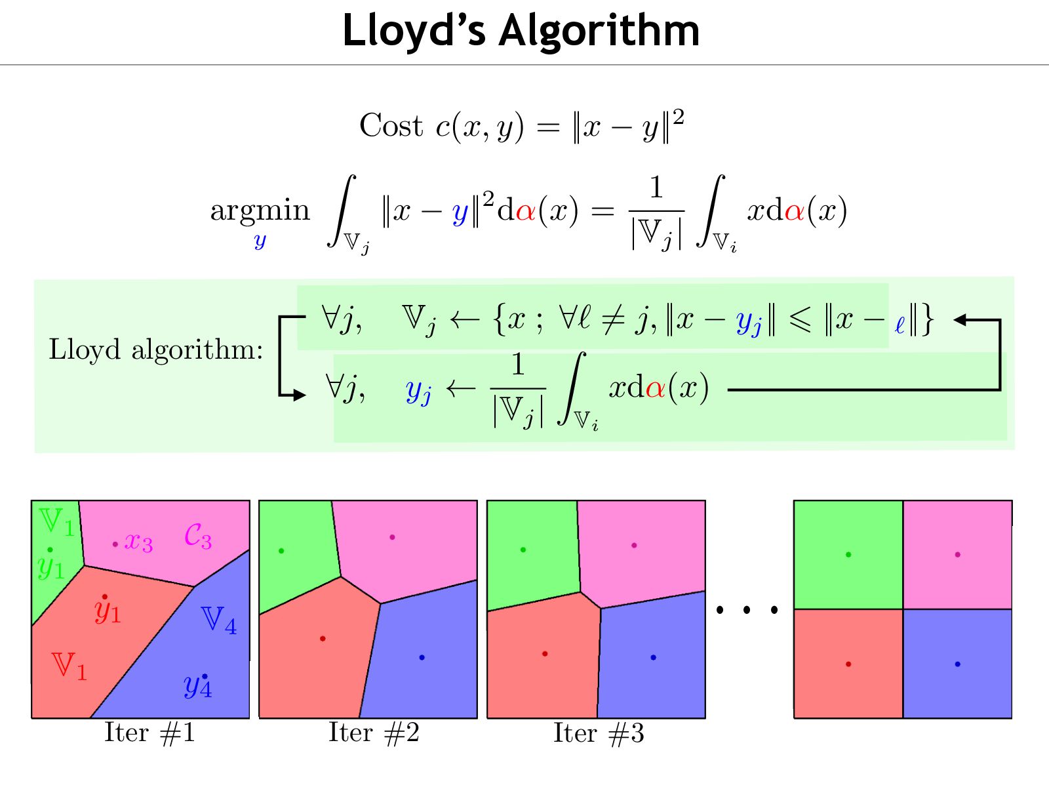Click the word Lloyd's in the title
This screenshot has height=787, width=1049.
click(414, 31)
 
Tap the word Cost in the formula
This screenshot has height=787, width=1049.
click(391, 125)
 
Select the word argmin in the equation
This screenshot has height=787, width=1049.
click(260, 211)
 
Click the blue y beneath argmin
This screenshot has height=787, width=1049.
click(260, 241)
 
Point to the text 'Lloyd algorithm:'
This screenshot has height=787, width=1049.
click(156, 349)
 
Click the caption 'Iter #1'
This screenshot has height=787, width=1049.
click(149, 733)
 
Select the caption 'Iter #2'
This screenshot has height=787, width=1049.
click(374, 733)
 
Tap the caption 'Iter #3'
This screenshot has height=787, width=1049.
click(599, 733)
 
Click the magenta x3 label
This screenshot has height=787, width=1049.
click(138, 542)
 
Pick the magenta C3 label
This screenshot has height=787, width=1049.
click(197, 536)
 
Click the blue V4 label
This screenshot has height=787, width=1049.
click(218, 620)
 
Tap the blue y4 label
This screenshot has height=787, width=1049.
click(197, 686)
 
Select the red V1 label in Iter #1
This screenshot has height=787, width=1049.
click(69, 666)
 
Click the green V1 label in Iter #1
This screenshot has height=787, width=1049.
click(56, 521)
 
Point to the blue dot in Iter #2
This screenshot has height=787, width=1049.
click(422, 657)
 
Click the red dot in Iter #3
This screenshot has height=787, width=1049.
click(545, 654)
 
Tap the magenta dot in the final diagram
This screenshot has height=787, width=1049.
click(958, 555)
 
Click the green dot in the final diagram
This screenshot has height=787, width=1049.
click(848, 555)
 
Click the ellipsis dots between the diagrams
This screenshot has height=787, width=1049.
click(747, 610)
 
